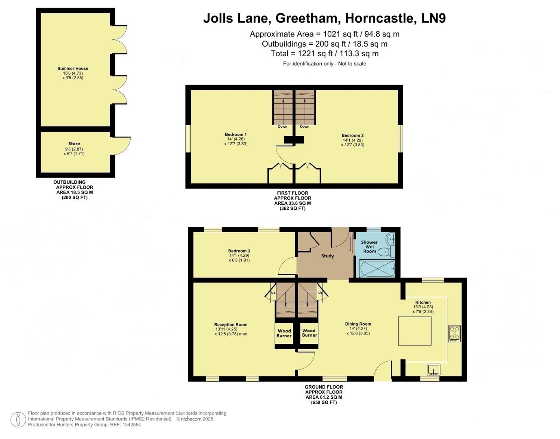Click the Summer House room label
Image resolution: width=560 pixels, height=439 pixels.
click(x=73, y=68)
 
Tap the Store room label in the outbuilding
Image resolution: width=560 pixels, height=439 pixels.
click(x=74, y=143)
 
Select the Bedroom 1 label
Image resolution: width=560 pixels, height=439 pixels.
click(x=236, y=135)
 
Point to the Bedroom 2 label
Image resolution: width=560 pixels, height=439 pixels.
click(x=353, y=135)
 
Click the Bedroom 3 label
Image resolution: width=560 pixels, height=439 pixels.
click(x=239, y=251)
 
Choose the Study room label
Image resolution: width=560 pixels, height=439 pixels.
click(x=327, y=256)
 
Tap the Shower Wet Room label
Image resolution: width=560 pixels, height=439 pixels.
click(x=369, y=246)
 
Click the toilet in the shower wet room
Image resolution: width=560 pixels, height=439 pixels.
click(x=384, y=252)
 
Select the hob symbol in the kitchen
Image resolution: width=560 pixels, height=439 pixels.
click(x=454, y=333)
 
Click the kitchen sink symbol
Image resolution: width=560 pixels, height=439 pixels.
click(x=434, y=370)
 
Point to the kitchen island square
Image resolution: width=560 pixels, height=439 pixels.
click(x=414, y=331)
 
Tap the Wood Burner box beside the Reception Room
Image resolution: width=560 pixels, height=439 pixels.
click(x=284, y=333)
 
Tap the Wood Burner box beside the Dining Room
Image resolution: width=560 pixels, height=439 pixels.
click(x=309, y=333)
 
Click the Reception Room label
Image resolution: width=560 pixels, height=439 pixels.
click(x=231, y=324)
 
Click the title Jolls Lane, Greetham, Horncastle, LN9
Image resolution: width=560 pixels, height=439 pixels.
click(x=324, y=18)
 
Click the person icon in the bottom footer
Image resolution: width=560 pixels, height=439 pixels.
click(x=18, y=419)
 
